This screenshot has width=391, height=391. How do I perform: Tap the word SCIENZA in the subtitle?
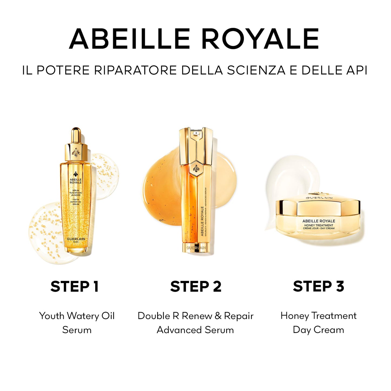[256, 70]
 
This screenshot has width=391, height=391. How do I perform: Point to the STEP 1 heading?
[75, 286]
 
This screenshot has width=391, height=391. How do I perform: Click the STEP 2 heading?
[196, 286]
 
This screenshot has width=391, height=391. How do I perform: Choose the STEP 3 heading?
[318, 286]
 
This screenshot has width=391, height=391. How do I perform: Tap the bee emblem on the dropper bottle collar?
[76, 152]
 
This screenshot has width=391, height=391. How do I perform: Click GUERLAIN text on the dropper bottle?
[76, 239]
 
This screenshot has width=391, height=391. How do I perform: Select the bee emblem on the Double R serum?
[196, 169]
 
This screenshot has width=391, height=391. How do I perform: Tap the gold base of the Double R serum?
[196, 248]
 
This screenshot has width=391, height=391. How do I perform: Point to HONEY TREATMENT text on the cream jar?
[318, 225]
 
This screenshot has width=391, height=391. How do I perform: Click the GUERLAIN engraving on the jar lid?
[319, 198]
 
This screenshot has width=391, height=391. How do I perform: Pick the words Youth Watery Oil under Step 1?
[77, 316]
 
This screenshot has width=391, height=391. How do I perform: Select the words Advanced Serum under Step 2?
[195, 330]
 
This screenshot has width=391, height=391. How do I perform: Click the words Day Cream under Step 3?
[318, 330]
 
